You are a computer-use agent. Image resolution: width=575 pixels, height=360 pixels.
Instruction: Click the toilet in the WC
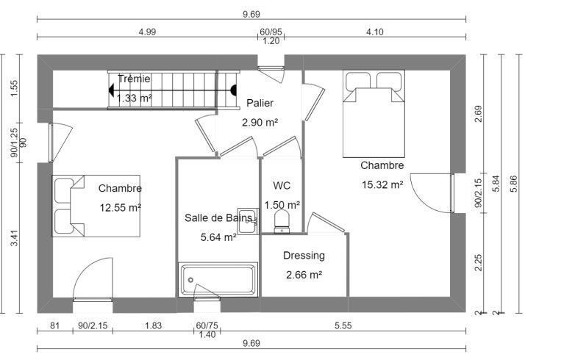(282, 222)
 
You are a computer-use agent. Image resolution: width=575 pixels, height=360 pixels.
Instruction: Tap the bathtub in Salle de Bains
(218, 279)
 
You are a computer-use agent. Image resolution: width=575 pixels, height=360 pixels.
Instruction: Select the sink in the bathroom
(248, 221)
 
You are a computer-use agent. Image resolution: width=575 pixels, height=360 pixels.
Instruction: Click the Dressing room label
(304, 256)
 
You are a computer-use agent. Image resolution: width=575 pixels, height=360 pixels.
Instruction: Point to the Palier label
(260, 103)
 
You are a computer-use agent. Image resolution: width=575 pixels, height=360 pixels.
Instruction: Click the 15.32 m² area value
(382, 184)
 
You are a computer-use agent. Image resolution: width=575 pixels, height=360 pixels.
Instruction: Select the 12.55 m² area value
(121, 208)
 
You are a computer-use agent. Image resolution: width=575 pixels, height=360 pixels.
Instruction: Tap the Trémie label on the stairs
(134, 79)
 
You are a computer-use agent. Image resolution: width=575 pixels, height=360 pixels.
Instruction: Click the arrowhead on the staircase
(111, 90)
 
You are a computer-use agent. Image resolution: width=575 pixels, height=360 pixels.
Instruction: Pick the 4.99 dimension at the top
(147, 32)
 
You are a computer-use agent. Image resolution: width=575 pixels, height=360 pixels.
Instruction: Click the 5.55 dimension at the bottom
(343, 325)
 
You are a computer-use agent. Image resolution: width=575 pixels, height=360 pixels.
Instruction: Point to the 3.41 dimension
(14, 238)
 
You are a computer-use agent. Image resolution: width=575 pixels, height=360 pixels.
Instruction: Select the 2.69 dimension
(478, 114)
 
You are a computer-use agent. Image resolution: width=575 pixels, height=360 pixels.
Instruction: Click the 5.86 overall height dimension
(513, 184)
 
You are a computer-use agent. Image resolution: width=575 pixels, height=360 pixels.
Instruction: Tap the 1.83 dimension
(153, 325)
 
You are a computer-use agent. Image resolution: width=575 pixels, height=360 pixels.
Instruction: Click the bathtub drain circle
(190, 280)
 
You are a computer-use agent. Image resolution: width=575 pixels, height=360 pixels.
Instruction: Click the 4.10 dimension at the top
(374, 32)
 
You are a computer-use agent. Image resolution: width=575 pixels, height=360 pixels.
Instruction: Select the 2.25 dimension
(478, 263)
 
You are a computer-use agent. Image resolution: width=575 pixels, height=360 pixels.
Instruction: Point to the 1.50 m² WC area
(282, 205)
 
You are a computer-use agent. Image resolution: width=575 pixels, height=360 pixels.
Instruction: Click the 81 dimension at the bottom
(54, 325)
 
